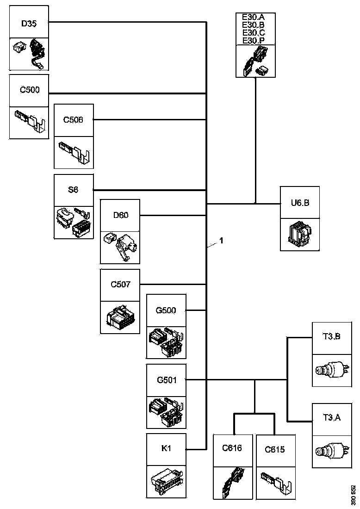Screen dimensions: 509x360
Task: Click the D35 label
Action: [x=29, y=23]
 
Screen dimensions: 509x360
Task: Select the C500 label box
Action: [x=29, y=90]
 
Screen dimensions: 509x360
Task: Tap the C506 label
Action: [x=74, y=120]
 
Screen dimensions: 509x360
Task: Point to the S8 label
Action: [x=74, y=190]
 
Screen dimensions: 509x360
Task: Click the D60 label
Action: [x=120, y=215]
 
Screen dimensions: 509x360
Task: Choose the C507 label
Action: [x=120, y=284]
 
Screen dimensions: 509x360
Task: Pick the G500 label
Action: [x=167, y=310]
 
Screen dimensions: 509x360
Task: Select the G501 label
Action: [x=167, y=380]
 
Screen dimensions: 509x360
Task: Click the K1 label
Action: [x=167, y=448]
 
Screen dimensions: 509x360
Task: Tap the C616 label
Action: [x=233, y=448]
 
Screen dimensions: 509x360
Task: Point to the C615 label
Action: [x=275, y=449]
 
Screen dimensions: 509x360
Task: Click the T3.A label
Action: [x=332, y=418]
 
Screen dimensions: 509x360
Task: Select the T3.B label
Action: [x=332, y=336]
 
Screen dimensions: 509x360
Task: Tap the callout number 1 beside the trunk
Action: [x=222, y=241]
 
